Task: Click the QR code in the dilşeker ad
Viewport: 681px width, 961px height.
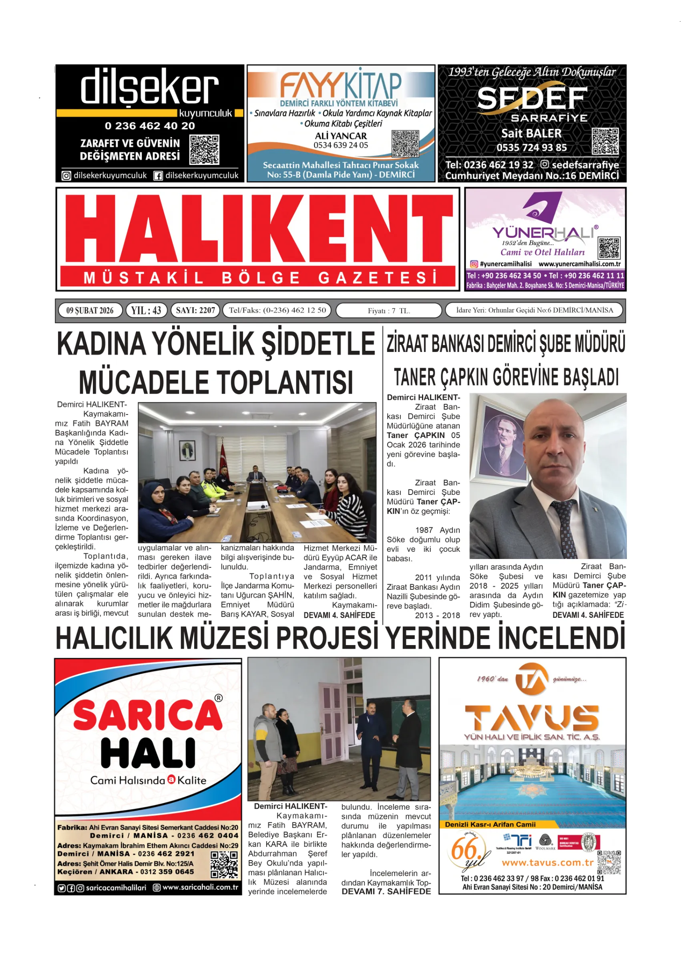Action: coord(204,150)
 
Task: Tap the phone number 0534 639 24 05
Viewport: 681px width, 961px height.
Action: coord(340,145)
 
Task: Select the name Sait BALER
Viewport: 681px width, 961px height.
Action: coord(531,133)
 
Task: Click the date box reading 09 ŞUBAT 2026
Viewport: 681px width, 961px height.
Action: coord(90,310)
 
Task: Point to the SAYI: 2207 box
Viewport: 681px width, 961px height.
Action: coord(195,310)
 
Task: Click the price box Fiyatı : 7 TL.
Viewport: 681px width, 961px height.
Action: coord(389,311)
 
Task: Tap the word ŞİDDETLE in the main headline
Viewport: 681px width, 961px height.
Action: coord(318,344)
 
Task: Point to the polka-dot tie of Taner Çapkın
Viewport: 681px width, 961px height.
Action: coord(564,528)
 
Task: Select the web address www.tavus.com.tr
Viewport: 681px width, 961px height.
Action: coord(548,863)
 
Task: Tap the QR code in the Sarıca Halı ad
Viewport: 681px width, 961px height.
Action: coord(224,864)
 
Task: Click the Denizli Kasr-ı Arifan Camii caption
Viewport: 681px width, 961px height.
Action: coord(490,824)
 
